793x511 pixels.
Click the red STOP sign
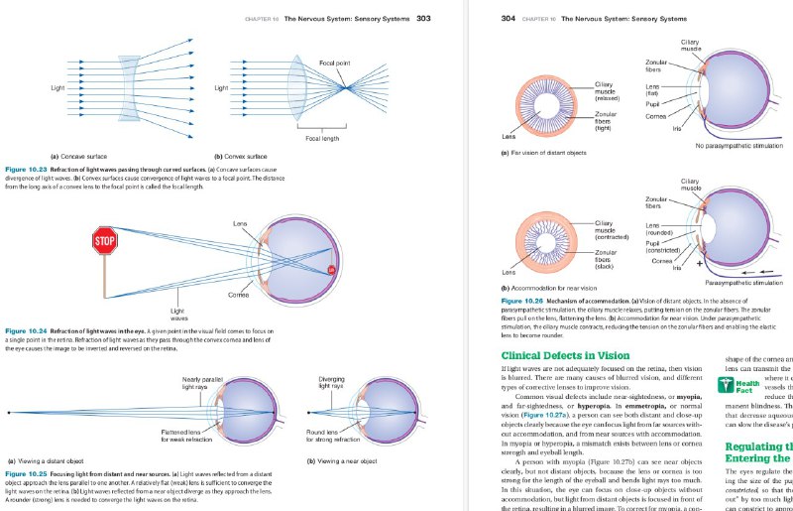click(104, 240)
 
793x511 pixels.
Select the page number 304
click(509, 18)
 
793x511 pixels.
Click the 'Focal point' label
click(334, 63)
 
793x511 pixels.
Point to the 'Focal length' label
click(322, 137)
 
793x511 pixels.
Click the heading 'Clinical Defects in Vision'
click(565, 354)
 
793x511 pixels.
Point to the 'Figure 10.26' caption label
click(525, 300)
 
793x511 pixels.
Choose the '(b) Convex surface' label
click(241, 156)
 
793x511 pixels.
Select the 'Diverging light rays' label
click(331, 382)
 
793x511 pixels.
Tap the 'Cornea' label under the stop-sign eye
click(238, 295)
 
